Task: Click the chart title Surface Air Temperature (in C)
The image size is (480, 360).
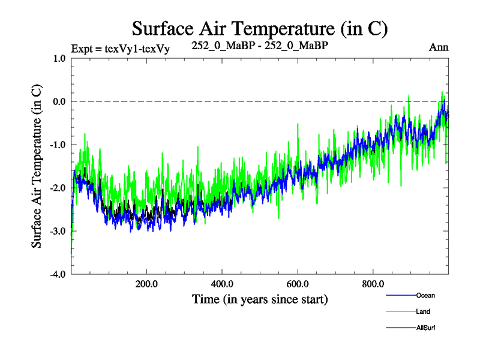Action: (260, 28)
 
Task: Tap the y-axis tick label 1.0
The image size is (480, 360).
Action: (59, 59)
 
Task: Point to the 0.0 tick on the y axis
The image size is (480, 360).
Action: (59, 101)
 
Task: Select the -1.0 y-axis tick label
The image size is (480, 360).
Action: (58, 145)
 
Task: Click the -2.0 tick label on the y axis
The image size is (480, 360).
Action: (58, 188)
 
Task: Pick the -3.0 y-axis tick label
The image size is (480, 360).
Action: (58, 231)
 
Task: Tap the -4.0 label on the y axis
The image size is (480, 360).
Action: (58, 274)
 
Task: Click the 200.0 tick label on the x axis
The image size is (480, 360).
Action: (146, 283)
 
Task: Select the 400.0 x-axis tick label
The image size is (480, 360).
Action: (222, 283)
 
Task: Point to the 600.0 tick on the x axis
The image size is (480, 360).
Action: (298, 283)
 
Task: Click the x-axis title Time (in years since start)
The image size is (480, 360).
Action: (260, 299)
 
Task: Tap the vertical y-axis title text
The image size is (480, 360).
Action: (37, 166)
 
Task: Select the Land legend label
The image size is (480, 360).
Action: (422, 311)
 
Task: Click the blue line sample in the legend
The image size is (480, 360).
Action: (400, 295)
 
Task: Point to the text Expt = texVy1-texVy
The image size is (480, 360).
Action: (120, 49)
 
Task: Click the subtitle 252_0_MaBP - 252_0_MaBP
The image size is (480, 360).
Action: (260, 45)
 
